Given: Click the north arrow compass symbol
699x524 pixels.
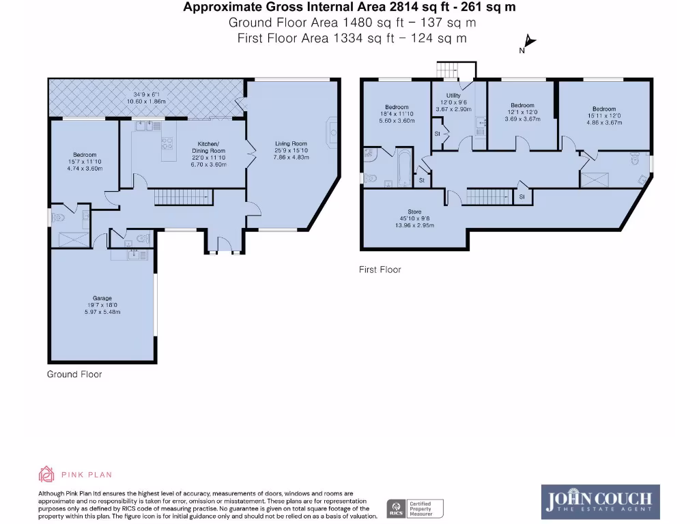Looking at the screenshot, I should pos(528,44).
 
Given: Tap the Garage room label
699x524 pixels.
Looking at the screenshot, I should pos(103,298).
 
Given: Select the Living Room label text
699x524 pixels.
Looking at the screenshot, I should pos(291,144).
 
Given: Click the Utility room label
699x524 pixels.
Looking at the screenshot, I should pos(453,96).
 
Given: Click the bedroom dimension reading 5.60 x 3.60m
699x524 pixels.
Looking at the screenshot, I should pos(397,121).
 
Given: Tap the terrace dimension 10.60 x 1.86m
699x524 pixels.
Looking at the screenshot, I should pos(146,102).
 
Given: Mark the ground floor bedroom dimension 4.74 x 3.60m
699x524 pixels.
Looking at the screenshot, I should pos(85,169).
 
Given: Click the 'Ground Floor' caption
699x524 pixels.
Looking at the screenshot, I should pos(74,374).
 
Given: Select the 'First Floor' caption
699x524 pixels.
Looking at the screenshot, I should pos(380,270).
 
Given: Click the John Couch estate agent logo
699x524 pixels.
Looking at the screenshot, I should pos(599,500).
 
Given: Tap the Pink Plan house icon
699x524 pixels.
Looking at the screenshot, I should pos(46,474).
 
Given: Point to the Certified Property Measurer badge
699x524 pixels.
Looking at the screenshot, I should pos(416,508).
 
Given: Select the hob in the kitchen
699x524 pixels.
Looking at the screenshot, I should pos(166,143).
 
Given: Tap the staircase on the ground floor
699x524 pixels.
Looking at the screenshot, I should pos(177,198).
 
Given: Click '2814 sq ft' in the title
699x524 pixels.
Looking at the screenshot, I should pos(423,8).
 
